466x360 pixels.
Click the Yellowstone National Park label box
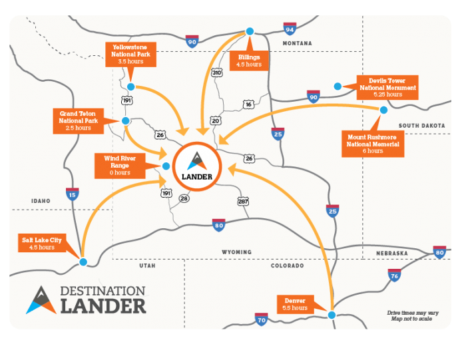[x=131, y=54]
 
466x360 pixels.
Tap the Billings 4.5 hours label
[x=250, y=61]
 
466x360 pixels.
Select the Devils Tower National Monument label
[x=388, y=87]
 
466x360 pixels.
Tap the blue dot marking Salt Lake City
[x=83, y=262]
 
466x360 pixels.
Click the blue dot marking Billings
[x=250, y=31]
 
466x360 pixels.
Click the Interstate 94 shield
[x=290, y=29]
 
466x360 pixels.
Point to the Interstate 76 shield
[x=394, y=274]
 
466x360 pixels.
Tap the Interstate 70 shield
[x=261, y=320]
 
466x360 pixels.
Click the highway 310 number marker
[x=216, y=71]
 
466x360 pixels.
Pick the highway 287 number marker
[x=243, y=200]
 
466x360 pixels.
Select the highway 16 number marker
[x=248, y=104]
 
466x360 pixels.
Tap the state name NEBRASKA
[x=391, y=254]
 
